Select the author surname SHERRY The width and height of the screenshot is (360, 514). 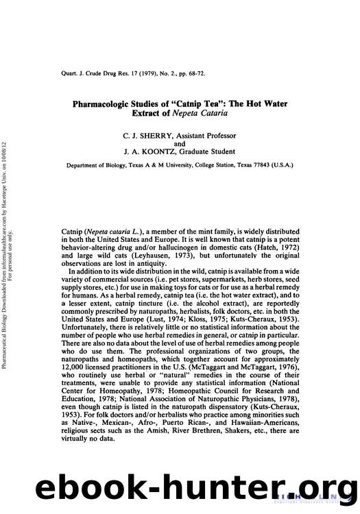coord(146,136)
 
